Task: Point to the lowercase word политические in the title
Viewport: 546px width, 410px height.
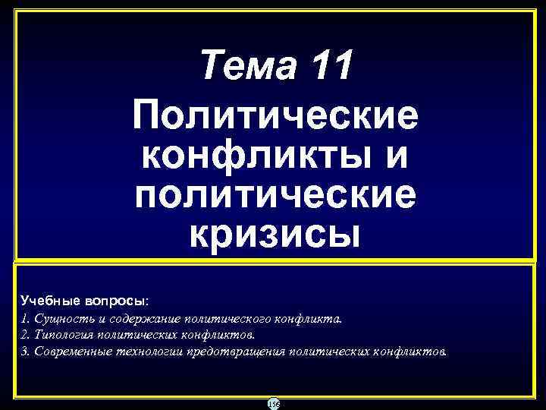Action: point(275,197)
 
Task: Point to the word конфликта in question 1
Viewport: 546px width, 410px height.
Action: point(311,319)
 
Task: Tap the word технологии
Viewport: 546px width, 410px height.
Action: point(151,352)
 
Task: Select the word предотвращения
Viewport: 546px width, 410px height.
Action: point(235,352)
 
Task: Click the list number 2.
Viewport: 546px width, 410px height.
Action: point(25,336)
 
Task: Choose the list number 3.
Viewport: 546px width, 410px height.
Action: point(25,352)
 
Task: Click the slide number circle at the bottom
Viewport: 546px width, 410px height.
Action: point(273,402)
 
